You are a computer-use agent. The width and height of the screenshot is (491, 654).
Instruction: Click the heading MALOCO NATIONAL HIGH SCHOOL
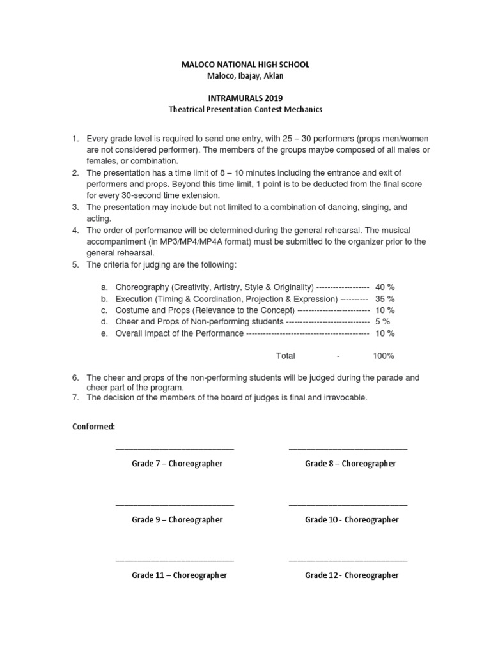(245, 65)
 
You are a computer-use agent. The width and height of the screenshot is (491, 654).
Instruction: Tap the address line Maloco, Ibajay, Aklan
(245, 77)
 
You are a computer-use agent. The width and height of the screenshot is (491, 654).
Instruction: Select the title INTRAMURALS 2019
(245, 98)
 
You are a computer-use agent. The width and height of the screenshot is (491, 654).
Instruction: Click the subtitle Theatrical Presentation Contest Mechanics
(245, 109)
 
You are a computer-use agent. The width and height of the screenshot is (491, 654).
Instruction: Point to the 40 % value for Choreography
(385, 287)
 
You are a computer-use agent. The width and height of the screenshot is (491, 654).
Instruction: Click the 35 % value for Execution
(385, 299)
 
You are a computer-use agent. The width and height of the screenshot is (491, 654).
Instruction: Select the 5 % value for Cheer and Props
(382, 322)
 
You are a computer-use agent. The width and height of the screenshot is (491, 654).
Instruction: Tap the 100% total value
(384, 356)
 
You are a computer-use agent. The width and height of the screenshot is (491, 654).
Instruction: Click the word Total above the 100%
(285, 356)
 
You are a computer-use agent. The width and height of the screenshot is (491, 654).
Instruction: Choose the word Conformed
(93, 426)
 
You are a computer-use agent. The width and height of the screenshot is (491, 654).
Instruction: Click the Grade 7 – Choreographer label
(177, 464)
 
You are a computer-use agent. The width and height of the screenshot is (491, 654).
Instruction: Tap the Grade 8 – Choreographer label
(350, 464)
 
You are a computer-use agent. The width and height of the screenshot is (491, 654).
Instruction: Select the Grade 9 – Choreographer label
(177, 520)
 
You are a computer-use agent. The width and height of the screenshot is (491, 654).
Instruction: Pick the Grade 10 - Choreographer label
(352, 520)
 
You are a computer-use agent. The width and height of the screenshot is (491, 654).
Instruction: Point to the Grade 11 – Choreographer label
(179, 575)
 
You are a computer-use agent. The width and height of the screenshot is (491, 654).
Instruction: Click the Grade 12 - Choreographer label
(352, 575)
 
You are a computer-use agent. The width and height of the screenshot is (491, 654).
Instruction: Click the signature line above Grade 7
(175, 450)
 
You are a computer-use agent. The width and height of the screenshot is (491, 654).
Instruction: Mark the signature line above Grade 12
(348, 561)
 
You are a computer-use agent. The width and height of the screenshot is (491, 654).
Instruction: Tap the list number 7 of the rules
(75, 397)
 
